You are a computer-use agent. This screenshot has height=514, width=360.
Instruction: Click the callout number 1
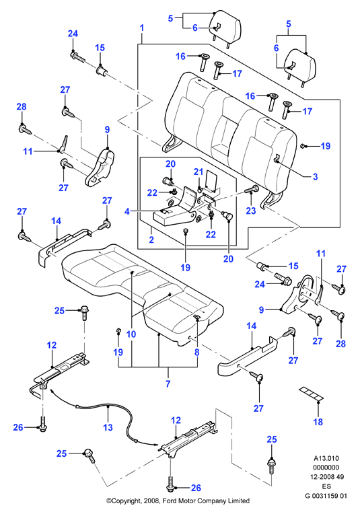pyautogui.click(x=142, y=28)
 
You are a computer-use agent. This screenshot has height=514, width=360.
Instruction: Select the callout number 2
pyautogui.click(x=151, y=240)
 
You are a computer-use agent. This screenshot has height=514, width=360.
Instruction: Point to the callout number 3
pyautogui.click(x=315, y=177)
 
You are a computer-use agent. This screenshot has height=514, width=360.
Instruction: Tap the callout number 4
pyautogui.click(x=127, y=211)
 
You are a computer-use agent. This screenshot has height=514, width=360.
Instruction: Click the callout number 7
pyautogui.click(x=168, y=383)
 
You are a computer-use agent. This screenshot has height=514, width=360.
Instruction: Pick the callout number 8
pyautogui.click(x=196, y=353)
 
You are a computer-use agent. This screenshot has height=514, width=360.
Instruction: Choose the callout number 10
pyautogui.click(x=131, y=334)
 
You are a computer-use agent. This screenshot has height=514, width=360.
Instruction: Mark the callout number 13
pyautogui.click(x=108, y=427)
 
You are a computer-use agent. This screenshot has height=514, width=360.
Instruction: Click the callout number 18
pyautogui.click(x=318, y=422)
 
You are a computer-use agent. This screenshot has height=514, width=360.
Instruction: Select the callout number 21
pyautogui.click(x=199, y=172)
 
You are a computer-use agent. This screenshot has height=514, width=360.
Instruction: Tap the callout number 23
pyautogui.click(x=250, y=211)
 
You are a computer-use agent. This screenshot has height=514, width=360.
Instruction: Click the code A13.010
pyautogui.click(x=326, y=458)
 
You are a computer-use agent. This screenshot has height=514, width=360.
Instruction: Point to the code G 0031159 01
pyautogui.click(x=326, y=496)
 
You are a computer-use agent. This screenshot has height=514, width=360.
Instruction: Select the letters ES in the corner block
pyautogui.click(x=326, y=486)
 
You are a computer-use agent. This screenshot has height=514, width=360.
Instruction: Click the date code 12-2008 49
pyautogui.click(x=327, y=477)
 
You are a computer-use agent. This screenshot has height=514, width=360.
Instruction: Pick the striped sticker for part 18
pyautogui.click(x=311, y=393)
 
